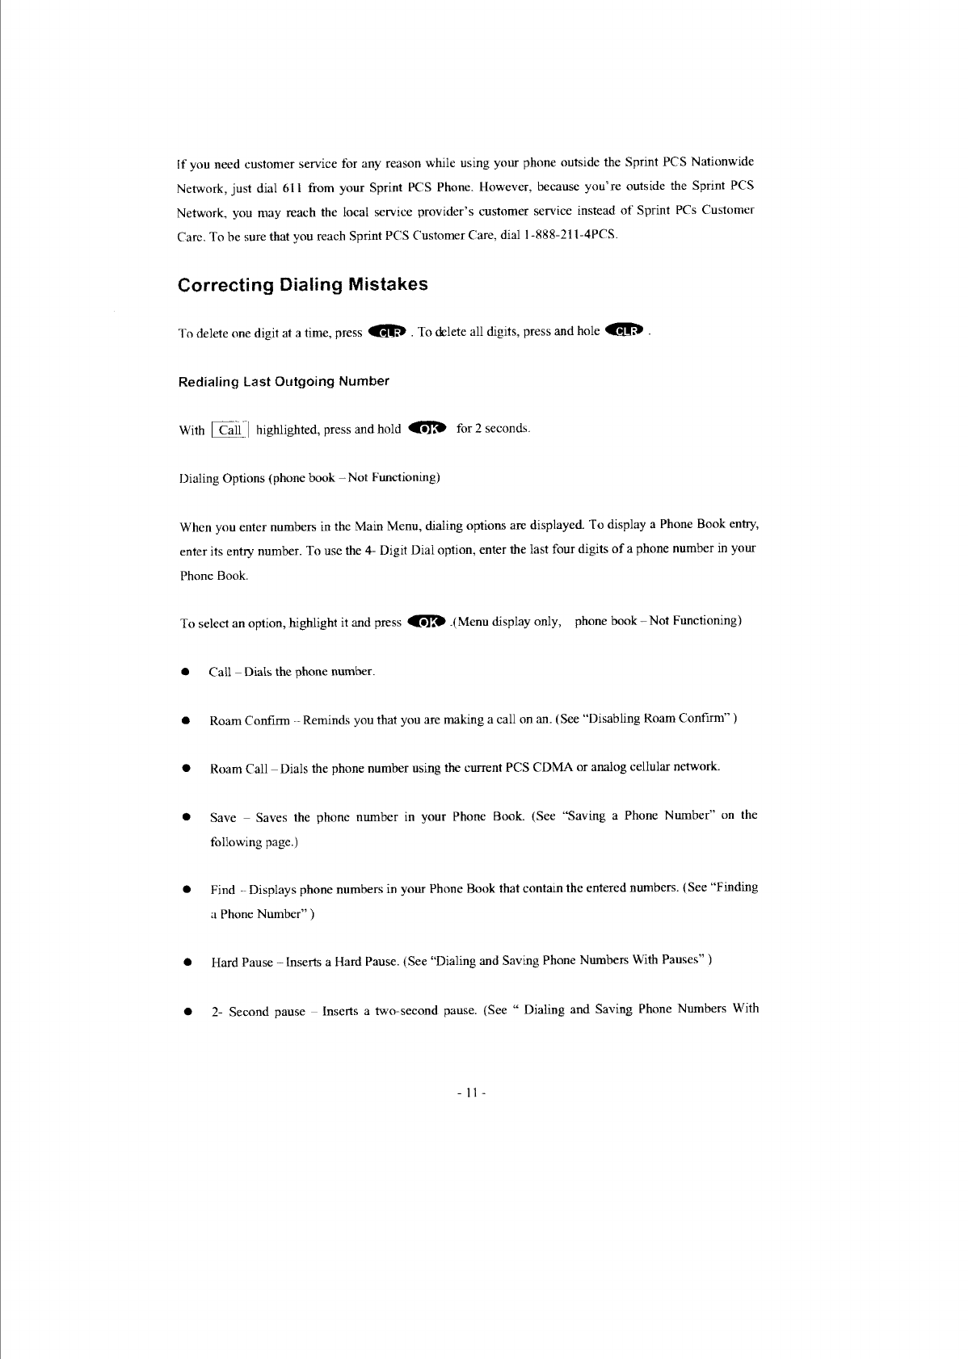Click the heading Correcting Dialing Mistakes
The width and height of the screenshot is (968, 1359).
[x=302, y=285]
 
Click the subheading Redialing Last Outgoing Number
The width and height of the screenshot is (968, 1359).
[x=284, y=381]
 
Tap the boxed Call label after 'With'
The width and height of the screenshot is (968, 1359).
[x=230, y=430]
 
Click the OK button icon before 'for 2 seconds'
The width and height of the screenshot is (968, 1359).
[x=428, y=428]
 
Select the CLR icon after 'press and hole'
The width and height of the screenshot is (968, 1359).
[x=626, y=330]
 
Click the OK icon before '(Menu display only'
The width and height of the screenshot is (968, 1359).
[x=427, y=621]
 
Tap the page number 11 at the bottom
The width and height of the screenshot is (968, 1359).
[x=469, y=1093]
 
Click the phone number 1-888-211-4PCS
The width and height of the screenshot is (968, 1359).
[x=570, y=235]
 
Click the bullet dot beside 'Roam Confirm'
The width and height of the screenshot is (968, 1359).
[x=186, y=720]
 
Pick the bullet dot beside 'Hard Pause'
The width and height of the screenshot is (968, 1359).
[x=187, y=963]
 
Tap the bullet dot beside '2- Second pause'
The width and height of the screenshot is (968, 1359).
[x=187, y=1011]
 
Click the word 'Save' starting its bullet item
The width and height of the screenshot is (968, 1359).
[x=223, y=817]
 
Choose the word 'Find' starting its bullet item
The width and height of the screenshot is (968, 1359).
[x=223, y=890]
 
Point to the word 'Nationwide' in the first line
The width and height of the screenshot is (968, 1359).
[x=722, y=161]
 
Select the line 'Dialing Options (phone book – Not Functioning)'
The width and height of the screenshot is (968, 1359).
[x=309, y=478]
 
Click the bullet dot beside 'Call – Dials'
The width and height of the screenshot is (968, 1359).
[x=186, y=672]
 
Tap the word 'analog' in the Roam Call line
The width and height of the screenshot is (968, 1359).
[x=608, y=766]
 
